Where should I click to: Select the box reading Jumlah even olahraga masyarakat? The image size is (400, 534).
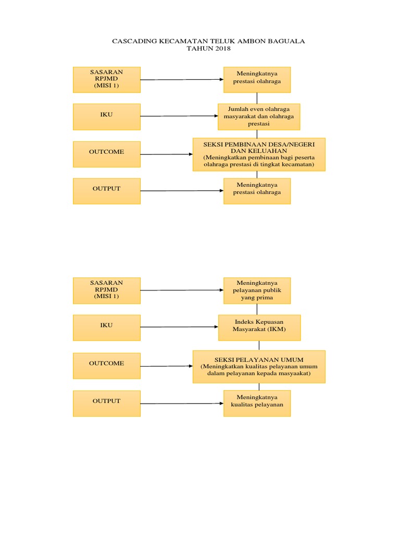[259, 116]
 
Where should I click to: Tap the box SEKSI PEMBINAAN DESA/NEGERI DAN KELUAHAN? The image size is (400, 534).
[259, 154]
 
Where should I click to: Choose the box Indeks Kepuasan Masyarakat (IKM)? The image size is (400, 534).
[259, 326]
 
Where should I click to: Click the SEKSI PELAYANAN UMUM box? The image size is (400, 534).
[259, 366]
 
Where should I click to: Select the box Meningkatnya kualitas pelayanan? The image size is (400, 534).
[257, 403]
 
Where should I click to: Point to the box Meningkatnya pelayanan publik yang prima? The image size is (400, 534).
[257, 290]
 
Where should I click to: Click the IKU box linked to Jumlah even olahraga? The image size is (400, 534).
[106, 116]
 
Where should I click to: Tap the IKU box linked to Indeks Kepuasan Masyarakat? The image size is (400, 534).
[106, 327]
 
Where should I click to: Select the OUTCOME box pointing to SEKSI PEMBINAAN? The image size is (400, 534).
[106, 154]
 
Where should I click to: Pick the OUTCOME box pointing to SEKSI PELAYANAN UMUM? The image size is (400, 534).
[106, 365]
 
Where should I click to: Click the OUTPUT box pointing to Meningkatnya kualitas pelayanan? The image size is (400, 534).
[106, 403]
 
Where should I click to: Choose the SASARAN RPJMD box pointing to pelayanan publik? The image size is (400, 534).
[106, 290]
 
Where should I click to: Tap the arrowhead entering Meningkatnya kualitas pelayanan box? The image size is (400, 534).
[221, 403]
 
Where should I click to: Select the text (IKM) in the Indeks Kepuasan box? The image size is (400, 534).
[277, 330]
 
